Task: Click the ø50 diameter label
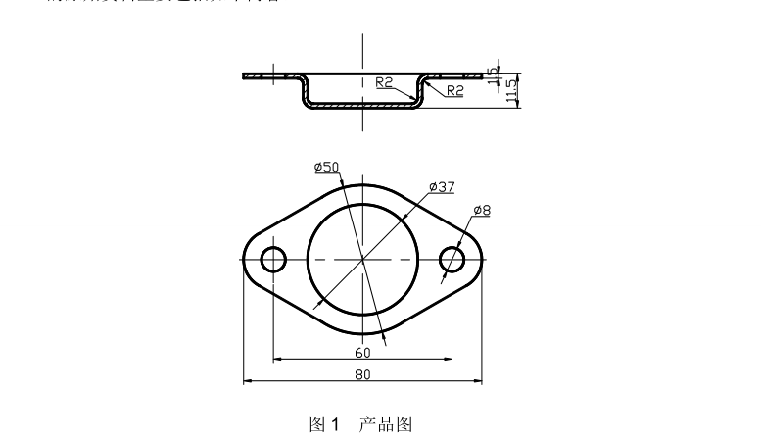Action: (x=326, y=167)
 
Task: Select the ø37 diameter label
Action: (x=442, y=185)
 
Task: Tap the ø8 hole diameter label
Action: (x=482, y=210)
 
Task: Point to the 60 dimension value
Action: (x=362, y=352)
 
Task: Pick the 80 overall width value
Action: (x=362, y=374)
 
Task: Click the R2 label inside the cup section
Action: (x=384, y=83)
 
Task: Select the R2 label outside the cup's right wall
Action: (x=454, y=90)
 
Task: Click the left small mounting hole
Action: (x=273, y=260)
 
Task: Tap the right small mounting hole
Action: (x=452, y=260)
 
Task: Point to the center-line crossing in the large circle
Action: (x=362, y=260)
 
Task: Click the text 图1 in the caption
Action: (x=323, y=424)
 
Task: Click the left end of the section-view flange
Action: (x=245, y=75)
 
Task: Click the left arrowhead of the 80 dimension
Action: (x=247, y=381)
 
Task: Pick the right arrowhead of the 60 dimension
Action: (x=448, y=359)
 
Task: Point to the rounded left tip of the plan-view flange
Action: (x=243, y=260)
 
